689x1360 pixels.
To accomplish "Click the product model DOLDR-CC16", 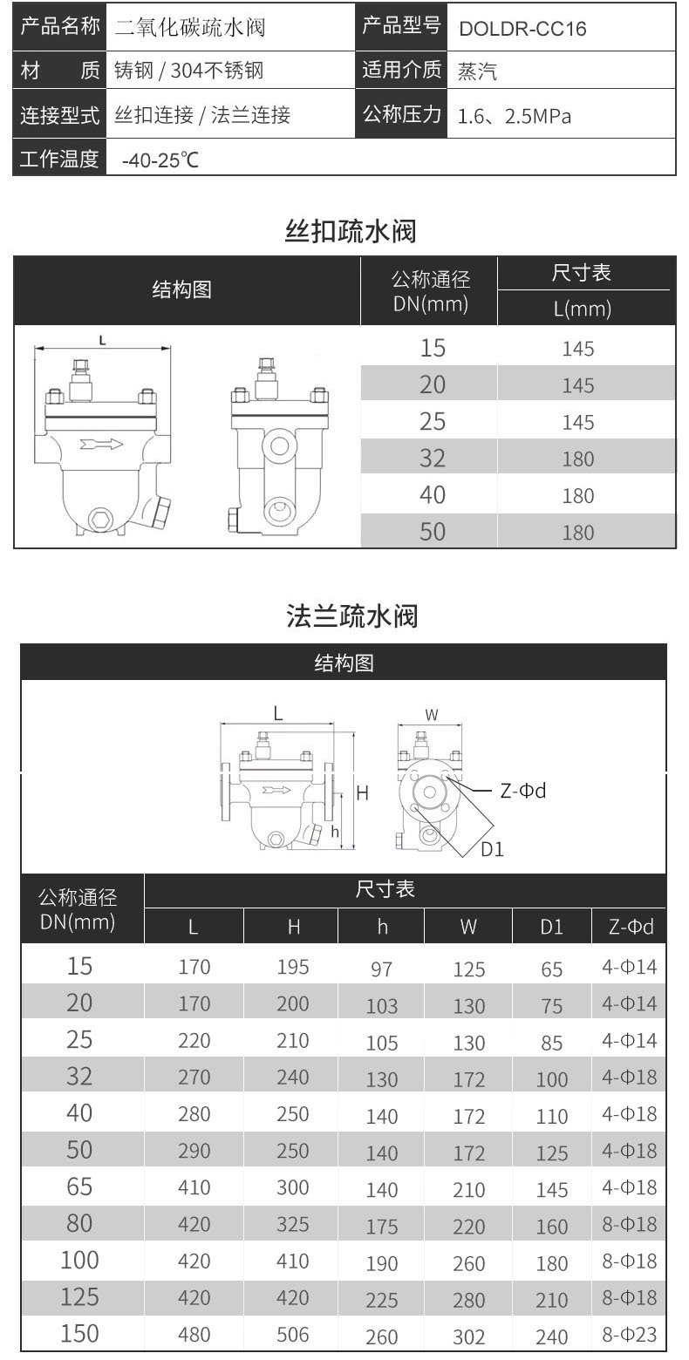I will tap(522, 29).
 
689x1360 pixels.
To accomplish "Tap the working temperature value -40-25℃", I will tap(160, 160).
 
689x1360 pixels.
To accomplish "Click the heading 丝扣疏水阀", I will tap(351, 232).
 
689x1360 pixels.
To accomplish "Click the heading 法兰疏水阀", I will tap(352, 616).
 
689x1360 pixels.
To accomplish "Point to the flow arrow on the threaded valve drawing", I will tap(101, 445).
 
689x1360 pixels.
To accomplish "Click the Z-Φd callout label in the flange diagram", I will tap(522, 791).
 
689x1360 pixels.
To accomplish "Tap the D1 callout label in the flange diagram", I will tap(493, 849).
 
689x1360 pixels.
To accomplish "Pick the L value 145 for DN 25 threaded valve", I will tap(577, 422).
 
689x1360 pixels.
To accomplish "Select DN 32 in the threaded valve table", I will tap(432, 459).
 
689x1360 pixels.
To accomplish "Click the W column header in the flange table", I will tap(468, 927).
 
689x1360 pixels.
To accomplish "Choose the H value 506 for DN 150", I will tap(293, 1334).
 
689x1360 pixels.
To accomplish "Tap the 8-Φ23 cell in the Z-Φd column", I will tap(629, 1334).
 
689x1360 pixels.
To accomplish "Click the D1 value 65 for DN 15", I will tap(551, 969).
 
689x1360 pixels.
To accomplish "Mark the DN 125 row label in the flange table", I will tap(78, 1296).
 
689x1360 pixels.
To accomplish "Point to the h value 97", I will tap(381, 969).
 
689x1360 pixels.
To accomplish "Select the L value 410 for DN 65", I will tap(194, 1187).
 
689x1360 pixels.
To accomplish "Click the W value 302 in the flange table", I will tap(468, 1336).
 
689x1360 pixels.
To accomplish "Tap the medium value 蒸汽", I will tap(477, 72).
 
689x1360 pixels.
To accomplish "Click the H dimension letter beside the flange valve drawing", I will tap(363, 793).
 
